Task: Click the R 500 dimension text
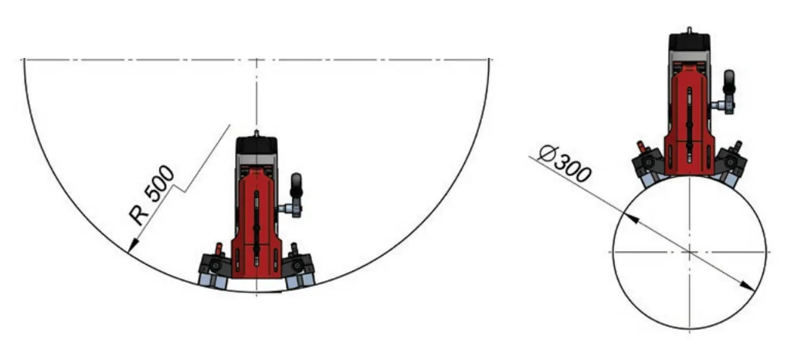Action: pyautogui.click(x=152, y=195)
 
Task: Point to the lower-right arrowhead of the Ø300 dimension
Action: pyautogui.click(x=747, y=286)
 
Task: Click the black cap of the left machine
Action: pyautogui.click(x=256, y=145)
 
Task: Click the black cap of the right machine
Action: pyautogui.click(x=689, y=42)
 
